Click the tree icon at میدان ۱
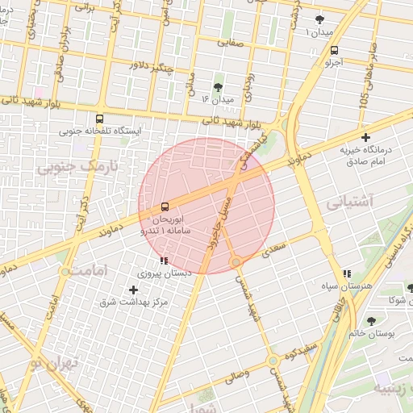click(320, 19)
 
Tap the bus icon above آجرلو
click(335, 49)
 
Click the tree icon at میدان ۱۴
click(218, 86)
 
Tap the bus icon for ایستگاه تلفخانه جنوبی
click(99, 117)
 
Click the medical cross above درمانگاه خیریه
click(366, 137)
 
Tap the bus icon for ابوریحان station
click(165, 206)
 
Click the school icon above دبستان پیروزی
click(165, 261)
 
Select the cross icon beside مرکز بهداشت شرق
click(133, 289)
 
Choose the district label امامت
click(89, 270)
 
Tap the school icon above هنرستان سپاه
click(347, 274)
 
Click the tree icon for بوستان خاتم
click(371, 321)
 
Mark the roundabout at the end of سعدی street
click(236, 262)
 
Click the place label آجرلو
click(334, 62)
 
